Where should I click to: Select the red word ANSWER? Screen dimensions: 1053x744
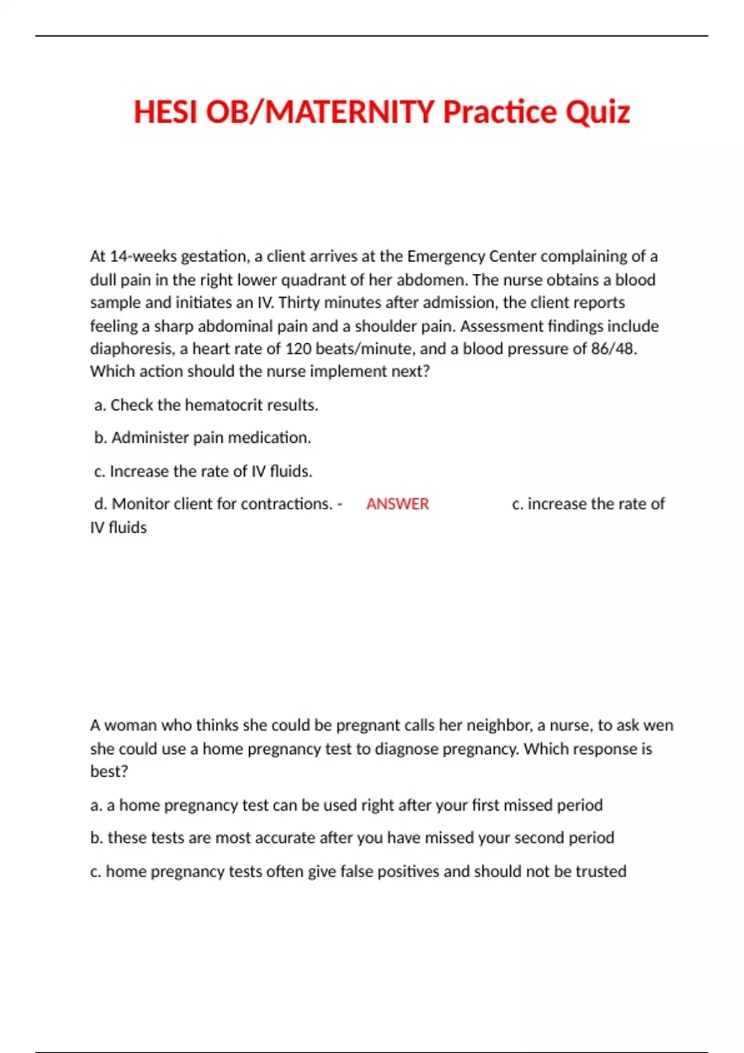click(x=397, y=504)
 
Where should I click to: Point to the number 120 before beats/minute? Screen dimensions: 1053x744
click(x=298, y=349)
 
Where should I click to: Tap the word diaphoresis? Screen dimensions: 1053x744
click(x=132, y=349)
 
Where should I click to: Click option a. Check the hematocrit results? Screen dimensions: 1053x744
click(x=206, y=405)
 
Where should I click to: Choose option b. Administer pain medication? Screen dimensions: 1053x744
click(x=202, y=438)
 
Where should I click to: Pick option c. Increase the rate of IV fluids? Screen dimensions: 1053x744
click(x=203, y=471)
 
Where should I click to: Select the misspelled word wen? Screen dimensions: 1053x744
click(x=658, y=725)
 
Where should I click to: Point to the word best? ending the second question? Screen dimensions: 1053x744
click(x=109, y=772)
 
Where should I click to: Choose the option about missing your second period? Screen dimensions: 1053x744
click(x=352, y=838)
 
